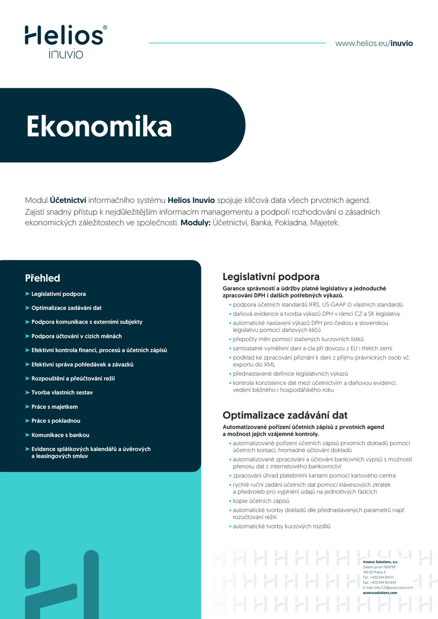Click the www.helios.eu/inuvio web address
374,43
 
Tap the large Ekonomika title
99,127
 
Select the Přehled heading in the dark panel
42,278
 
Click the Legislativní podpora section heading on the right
271,277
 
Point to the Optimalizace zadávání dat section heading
285,415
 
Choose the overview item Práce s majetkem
55,407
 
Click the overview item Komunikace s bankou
60,435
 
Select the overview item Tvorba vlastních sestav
62,392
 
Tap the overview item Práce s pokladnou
56,420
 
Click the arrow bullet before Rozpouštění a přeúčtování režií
27,378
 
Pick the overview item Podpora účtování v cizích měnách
76,336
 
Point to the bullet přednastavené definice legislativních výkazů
290,374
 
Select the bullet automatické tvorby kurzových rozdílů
281,526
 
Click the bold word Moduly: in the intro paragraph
196,223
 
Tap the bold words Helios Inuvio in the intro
191,200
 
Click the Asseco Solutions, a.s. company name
380,562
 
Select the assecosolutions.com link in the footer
380,593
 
